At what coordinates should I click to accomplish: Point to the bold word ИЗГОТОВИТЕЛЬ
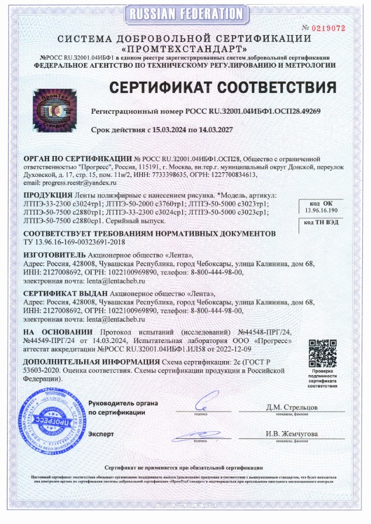[x=54, y=256]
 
